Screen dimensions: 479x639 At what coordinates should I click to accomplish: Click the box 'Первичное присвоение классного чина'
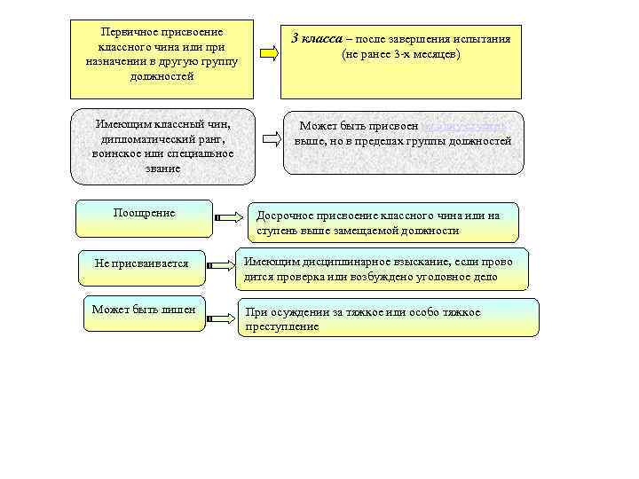162,59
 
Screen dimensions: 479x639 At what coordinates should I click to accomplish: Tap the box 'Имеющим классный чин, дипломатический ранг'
162,146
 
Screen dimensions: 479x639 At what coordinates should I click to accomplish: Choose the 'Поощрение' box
145,219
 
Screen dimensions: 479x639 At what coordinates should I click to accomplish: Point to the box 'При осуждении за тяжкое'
390,318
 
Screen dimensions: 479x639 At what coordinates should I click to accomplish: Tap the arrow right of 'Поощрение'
228,216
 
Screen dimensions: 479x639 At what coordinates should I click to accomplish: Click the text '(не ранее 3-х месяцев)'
400,55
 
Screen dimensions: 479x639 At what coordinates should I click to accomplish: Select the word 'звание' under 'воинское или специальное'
162,168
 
